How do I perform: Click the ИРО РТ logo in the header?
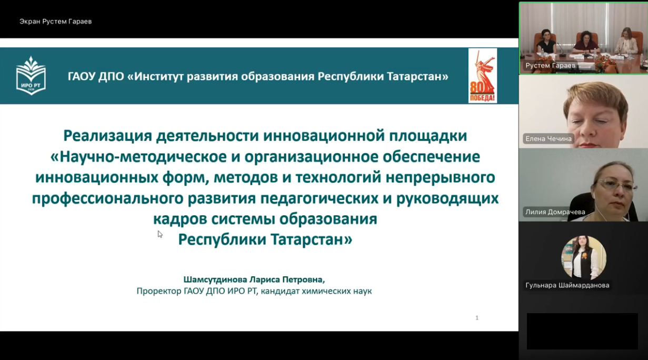coord(31,75)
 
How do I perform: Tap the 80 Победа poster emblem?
coord(483,76)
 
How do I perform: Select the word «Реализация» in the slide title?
coord(107,136)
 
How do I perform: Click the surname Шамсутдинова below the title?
coord(215,279)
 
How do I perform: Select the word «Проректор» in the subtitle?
coord(159,291)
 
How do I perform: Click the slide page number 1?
coord(477,318)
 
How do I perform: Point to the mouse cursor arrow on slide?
coord(160,234)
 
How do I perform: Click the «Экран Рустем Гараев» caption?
coord(56,22)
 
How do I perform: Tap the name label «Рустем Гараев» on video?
coord(550,66)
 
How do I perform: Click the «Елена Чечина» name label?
coord(549,139)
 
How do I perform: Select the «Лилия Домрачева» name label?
coord(555,212)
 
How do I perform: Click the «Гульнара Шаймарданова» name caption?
coord(567,285)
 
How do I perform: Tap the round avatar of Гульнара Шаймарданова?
coord(583,258)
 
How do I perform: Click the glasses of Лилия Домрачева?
coord(617,185)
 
